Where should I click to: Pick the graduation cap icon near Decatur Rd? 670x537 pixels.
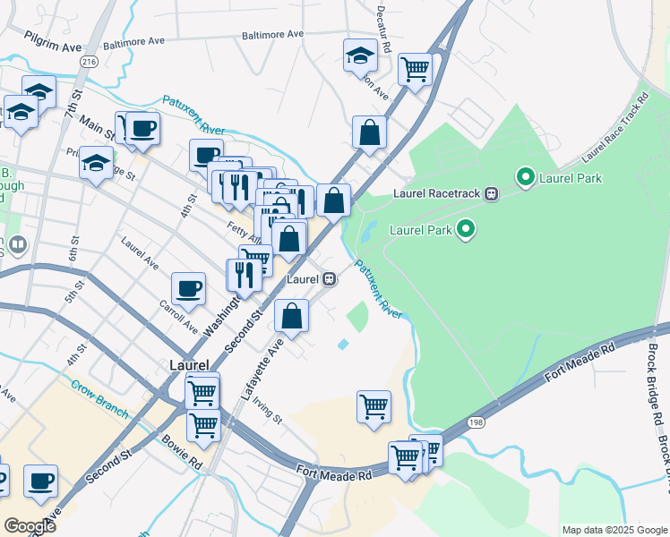coord(360,55)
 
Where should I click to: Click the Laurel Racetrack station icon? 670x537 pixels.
coord(491,193)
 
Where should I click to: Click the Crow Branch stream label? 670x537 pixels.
coord(99,395)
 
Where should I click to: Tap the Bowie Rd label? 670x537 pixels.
coord(182,452)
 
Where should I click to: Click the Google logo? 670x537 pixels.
coord(30,525)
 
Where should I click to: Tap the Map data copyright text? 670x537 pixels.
coord(614,530)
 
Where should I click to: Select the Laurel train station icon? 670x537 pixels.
coord(330,279)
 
